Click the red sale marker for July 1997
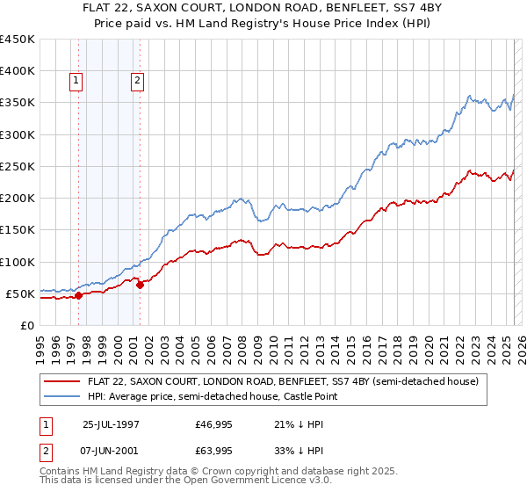tap(78, 295)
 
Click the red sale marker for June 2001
tap(140, 285)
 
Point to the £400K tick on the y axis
tap(18, 71)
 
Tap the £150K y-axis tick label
tap(18, 230)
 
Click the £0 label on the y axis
tap(28, 326)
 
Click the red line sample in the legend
tap(62, 382)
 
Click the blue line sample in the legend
tap(62, 397)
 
